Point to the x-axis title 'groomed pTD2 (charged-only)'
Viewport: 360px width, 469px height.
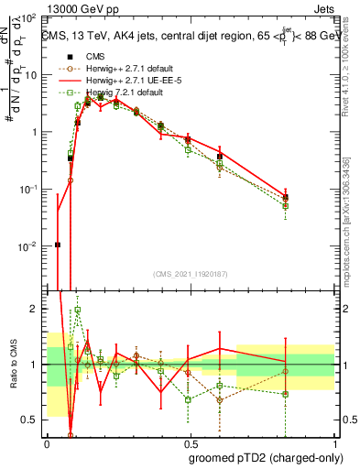pos(265,457)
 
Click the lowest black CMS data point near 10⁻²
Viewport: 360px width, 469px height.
pos(58,245)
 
